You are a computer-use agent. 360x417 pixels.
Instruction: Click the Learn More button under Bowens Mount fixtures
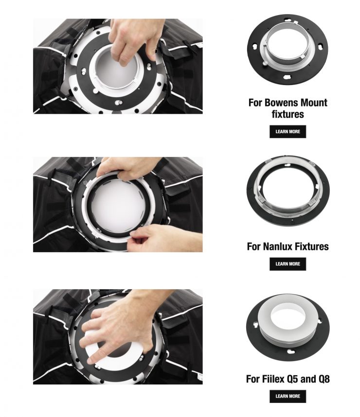click(288, 132)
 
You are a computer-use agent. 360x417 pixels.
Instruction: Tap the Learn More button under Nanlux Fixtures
click(288, 264)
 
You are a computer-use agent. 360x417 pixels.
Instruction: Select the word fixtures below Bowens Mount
click(288, 114)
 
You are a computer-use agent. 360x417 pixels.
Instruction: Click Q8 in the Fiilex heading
click(323, 379)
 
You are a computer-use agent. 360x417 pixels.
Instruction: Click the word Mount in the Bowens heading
click(314, 103)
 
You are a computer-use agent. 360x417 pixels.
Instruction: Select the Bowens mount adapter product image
click(288, 50)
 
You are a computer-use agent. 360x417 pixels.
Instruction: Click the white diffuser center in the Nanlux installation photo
click(118, 204)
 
